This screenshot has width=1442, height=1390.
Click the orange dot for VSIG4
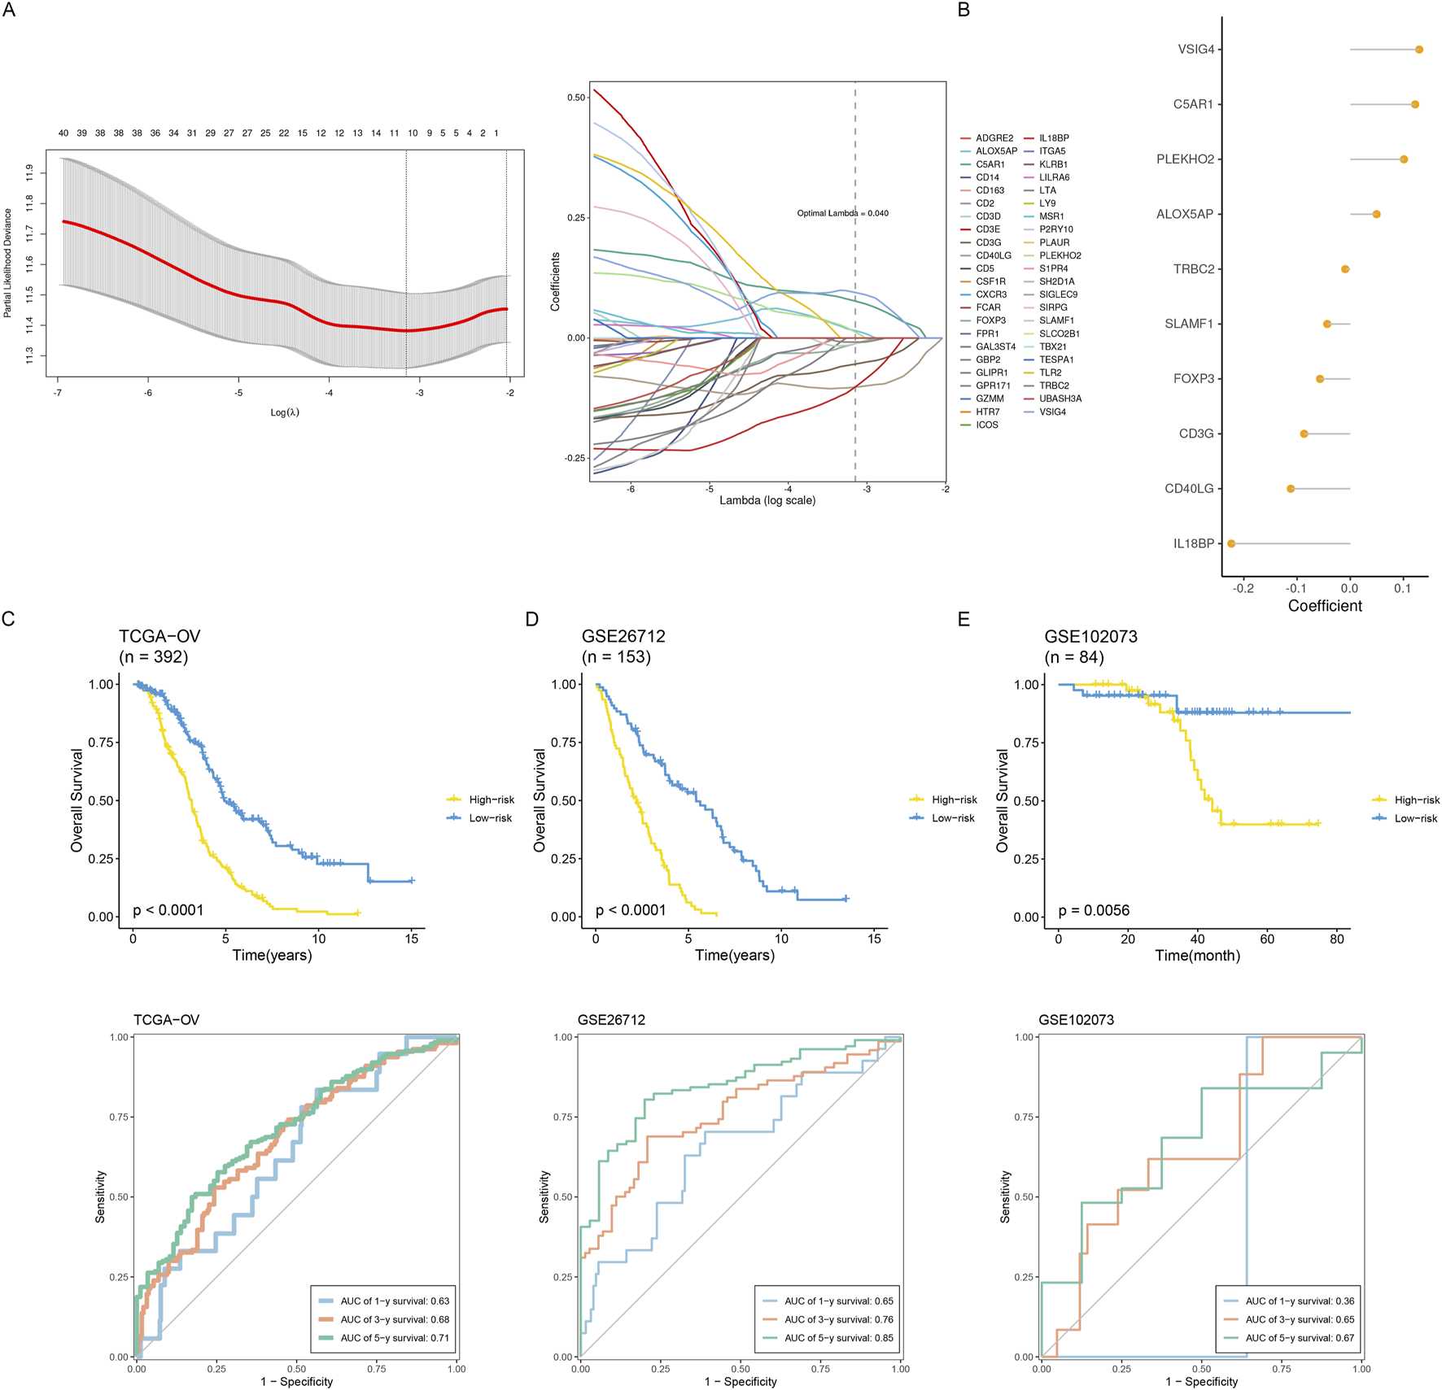1418,50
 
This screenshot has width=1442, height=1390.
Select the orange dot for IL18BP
1231,543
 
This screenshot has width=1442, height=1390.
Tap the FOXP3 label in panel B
1193,379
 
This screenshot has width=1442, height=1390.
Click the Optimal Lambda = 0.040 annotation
842,213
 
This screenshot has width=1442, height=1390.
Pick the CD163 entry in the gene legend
990,190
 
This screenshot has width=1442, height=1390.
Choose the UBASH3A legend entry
1060,399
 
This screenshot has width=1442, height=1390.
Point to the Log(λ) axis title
285,412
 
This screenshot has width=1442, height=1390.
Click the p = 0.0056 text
1094,910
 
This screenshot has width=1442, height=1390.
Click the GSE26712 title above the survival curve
623,636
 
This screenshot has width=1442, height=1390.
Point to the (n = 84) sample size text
1074,657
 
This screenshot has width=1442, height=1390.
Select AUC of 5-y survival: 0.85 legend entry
838,1338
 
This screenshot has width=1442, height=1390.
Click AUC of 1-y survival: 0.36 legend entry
1300,1301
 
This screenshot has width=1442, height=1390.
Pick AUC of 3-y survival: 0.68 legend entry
395,1319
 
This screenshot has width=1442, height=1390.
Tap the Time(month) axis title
1197,955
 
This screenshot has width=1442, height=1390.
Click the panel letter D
531,620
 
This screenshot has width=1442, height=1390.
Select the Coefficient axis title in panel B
1325,606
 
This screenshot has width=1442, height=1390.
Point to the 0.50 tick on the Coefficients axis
575,98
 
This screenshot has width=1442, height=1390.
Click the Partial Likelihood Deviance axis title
8,263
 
